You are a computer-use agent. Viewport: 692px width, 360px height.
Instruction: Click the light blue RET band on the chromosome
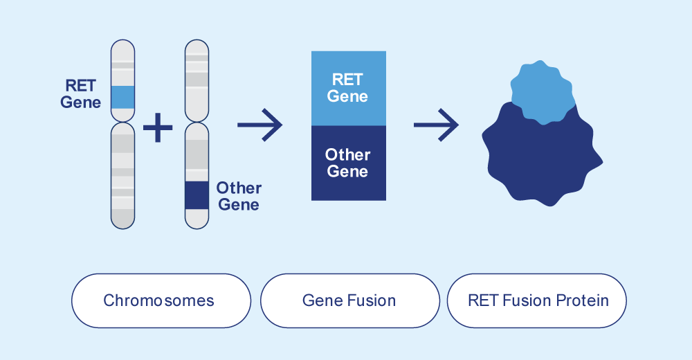pos(122,97)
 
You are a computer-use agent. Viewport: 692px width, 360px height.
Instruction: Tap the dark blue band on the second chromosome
pos(197,195)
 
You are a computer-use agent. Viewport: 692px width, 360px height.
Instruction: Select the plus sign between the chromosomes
pos(158,127)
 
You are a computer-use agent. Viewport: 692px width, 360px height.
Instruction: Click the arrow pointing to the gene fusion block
pos(259,125)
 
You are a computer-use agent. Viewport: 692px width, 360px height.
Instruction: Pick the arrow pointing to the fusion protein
pos(436,125)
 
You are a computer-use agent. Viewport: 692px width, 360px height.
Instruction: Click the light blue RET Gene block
pos(349,89)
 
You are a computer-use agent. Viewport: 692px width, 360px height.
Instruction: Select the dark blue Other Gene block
pos(349,163)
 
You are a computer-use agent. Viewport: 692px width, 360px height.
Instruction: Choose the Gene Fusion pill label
pos(350,301)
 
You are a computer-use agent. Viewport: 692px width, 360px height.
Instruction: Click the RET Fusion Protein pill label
pos(537,301)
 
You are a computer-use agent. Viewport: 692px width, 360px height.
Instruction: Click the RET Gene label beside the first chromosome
pos(80,93)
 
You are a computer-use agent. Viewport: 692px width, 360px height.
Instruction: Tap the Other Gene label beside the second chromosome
pos(239,196)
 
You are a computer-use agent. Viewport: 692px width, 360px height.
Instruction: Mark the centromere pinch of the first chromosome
pos(122,123)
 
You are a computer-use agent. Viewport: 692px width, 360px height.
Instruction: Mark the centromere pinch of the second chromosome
pos(197,123)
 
